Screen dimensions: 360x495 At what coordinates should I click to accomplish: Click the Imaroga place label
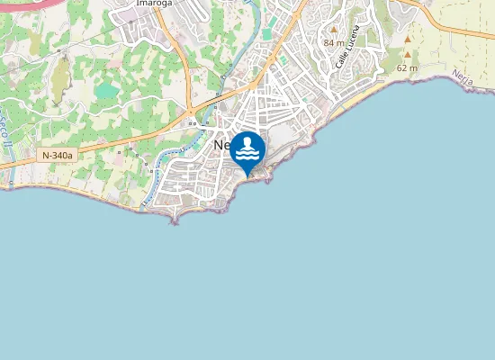[x=154, y=3]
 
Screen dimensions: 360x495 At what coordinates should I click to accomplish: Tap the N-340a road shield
[x=57, y=155]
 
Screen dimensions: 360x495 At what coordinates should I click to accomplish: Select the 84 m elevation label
[x=334, y=42]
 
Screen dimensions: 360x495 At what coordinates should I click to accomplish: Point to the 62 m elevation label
[x=408, y=67]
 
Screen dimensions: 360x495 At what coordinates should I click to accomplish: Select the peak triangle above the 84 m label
[x=333, y=30]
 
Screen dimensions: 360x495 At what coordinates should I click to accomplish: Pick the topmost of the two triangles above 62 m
[x=408, y=40]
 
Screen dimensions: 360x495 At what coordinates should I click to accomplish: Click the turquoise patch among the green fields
[x=106, y=90]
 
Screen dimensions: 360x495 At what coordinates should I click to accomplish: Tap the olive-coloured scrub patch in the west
[x=60, y=79]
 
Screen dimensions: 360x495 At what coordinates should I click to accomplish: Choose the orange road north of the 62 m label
[x=450, y=30]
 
